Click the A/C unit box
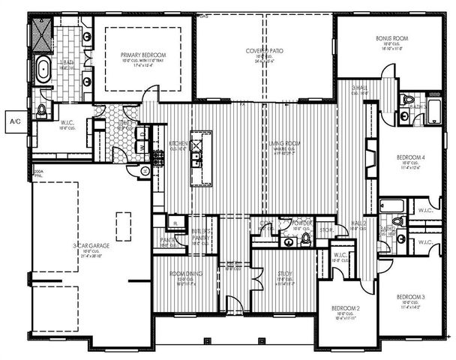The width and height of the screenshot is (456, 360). pyautogui.click(x=13, y=120)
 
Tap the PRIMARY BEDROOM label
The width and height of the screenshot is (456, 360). pyautogui.click(x=142, y=55)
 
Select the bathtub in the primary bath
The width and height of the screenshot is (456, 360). pyautogui.click(x=43, y=73)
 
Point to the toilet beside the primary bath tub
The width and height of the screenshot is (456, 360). pyautogui.click(x=42, y=110)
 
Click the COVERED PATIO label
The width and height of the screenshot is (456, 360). pyautogui.click(x=263, y=50)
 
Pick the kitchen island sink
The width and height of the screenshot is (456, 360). pyautogui.click(x=196, y=158)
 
